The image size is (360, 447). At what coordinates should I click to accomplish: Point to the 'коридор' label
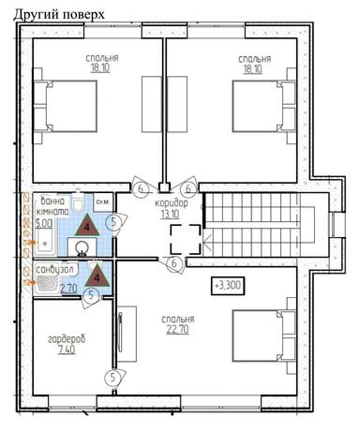172,203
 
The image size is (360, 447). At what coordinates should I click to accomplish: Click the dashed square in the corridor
185,239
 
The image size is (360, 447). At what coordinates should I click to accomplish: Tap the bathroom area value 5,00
43,225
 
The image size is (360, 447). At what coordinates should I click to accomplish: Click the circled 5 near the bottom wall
112,378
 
